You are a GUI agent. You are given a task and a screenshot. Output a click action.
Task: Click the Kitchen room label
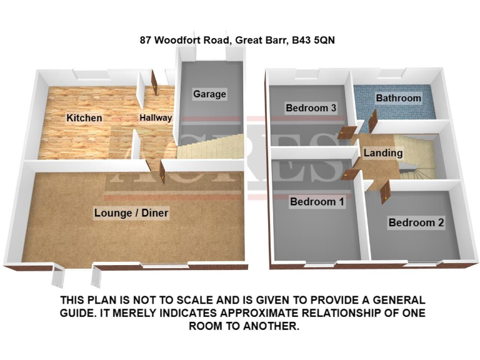pos(84,117)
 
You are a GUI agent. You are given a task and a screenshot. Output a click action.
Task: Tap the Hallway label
pos(155,117)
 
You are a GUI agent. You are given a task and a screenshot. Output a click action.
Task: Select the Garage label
pos(209,94)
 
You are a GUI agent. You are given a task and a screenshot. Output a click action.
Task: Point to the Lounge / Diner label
pos(131,213)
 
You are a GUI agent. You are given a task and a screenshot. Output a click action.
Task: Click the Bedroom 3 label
pos(311,108)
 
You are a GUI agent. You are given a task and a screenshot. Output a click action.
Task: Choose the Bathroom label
pos(398,98)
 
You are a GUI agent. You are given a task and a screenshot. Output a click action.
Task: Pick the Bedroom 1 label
pos(316,202)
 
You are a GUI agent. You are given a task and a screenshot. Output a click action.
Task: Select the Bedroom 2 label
pos(416,222)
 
